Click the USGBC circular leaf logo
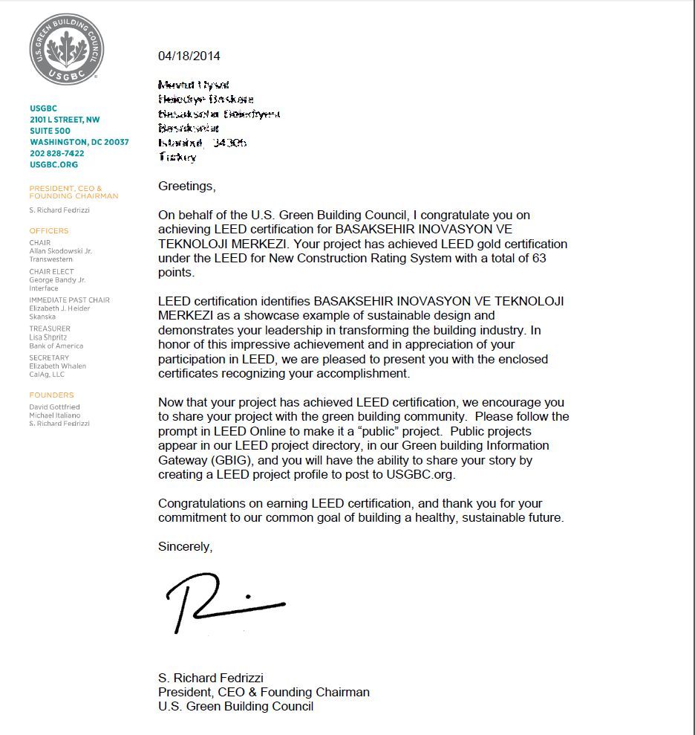(66, 49)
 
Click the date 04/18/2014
(189, 56)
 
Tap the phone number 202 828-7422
(56, 153)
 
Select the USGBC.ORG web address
(53, 164)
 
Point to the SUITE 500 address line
(51, 131)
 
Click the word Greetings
(186, 186)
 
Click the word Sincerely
(185, 546)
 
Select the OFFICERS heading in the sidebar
(49, 231)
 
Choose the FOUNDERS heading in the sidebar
(52, 395)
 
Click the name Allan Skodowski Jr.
(61, 251)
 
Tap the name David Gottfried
(55, 407)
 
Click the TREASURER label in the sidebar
(50, 328)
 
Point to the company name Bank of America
(56, 346)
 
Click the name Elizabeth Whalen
(58, 366)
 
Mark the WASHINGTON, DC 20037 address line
(79, 142)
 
